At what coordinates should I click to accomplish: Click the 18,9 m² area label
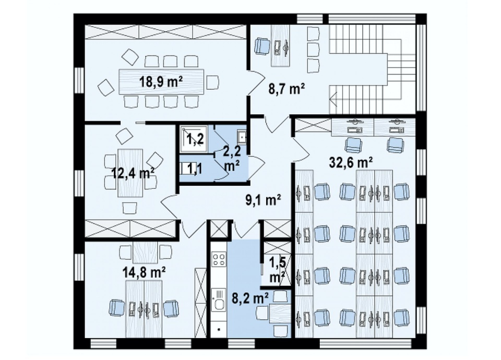tap(161, 82)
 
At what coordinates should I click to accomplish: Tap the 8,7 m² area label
tap(287, 89)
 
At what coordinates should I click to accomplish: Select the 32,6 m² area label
tap(351, 163)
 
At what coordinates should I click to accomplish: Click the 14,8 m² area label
tap(144, 272)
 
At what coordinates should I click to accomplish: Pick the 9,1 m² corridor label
tap(263, 200)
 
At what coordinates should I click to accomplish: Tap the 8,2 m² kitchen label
tap(250, 298)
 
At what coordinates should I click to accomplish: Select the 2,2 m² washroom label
tap(232, 158)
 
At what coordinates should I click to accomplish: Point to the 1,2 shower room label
tap(195, 139)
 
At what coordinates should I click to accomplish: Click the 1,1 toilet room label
tap(195, 169)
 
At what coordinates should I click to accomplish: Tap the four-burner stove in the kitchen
tap(219, 259)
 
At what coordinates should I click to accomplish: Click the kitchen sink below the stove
tap(219, 299)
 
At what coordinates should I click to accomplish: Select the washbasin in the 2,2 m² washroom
tap(242, 137)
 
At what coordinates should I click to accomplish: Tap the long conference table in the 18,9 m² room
tap(161, 82)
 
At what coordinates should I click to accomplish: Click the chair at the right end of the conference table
tap(212, 82)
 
